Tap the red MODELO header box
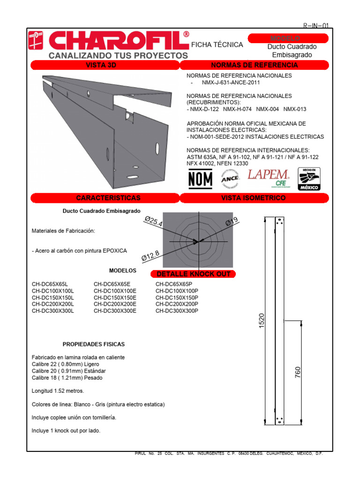pos(285,38)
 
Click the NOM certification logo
pos(200,178)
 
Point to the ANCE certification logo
pos(231,179)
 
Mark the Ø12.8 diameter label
pos(151,255)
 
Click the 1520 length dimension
pos(262,321)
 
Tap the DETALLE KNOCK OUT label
pos(194,274)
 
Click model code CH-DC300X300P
pos(177,310)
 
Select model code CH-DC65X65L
pos(50,284)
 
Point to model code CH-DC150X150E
pos(115,297)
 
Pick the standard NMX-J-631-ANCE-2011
pos(230,82)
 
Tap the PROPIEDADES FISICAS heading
pos(94,344)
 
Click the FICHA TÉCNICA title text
pos(217,45)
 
